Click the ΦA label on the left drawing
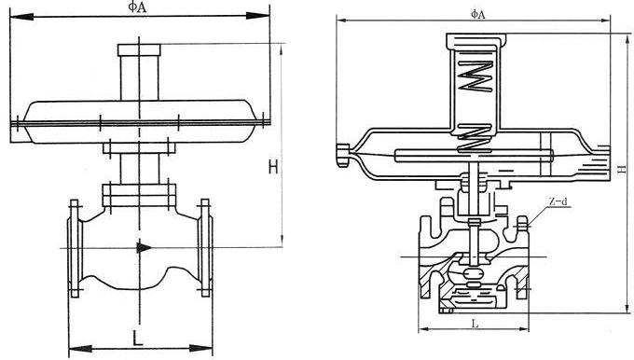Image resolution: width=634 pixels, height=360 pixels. point(138,7)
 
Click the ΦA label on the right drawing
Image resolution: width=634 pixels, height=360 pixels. point(477,14)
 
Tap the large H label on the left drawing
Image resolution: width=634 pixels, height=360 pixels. point(273,167)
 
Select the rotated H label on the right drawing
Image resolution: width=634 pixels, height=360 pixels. point(623,169)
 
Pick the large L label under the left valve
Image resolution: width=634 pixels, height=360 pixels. point(138,338)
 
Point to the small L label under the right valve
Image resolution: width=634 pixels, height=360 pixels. point(475,324)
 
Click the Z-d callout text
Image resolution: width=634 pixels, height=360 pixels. point(558,201)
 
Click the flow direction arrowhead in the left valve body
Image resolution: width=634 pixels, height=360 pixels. point(144,247)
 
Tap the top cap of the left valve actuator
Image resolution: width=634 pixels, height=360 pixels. point(139,49)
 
